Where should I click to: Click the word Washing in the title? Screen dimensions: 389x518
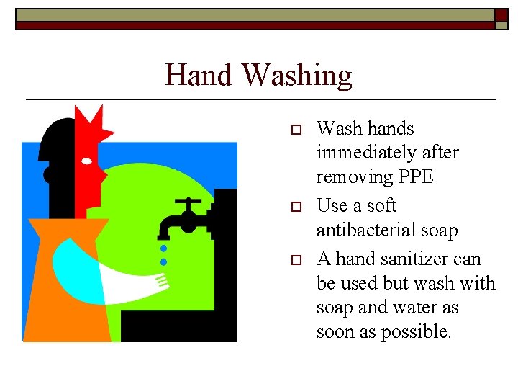297,75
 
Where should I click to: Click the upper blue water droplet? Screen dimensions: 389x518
164,248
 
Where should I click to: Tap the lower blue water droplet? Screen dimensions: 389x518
164,261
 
